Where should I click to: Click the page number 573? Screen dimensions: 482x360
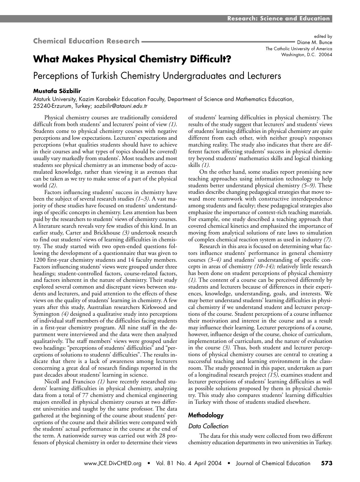[x=327, y=463]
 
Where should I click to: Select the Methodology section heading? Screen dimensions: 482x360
[x=206, y=415]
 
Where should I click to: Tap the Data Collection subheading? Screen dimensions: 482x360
[x=208, y=426]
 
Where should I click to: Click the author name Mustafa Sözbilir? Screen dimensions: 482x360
[x=57, y=91]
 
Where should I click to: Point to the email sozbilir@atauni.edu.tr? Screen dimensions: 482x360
[x=121, y=106]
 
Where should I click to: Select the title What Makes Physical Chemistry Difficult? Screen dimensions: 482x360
[x=132, y=59]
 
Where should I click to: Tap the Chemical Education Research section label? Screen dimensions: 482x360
[x=86, y=41]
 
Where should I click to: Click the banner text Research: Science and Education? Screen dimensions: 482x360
[x=278, y=19]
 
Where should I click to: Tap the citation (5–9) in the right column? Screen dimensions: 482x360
[x=308, y=185]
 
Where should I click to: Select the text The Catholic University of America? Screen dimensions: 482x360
[x=299, y=49]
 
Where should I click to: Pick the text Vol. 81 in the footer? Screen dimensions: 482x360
[x=165, y=463]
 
